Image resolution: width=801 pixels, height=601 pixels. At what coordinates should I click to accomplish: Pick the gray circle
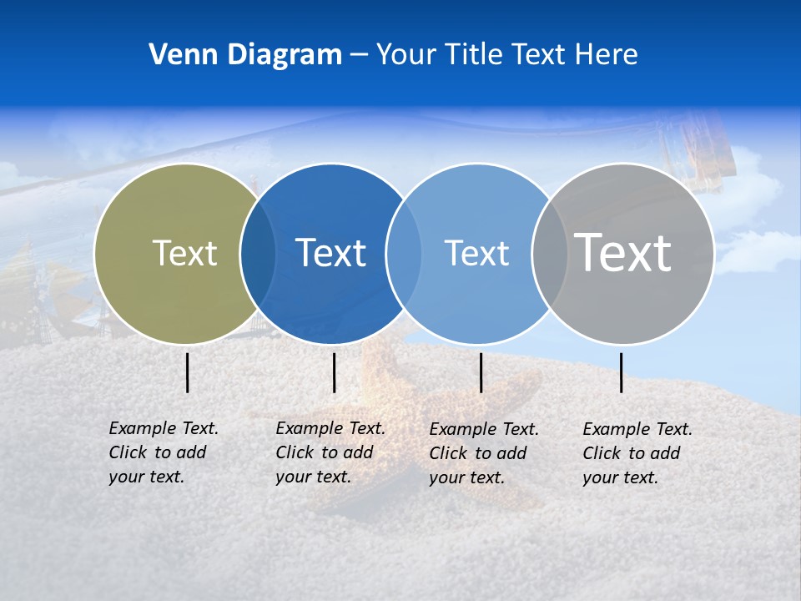coord(634,300)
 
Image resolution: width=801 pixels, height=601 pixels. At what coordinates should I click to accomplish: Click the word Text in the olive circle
coord(184,253)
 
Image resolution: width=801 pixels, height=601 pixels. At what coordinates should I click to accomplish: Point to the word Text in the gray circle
coord(623,253)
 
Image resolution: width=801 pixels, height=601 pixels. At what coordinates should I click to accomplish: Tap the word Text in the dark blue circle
coord(330,253)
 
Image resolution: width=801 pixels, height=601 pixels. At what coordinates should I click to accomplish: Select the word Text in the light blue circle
coord(476,253)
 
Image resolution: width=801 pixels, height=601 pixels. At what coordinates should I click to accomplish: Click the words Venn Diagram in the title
coord(245,55)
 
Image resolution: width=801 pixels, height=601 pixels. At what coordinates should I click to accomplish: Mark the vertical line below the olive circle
coord(188,372)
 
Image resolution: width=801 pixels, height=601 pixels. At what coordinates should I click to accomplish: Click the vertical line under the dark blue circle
coord(334,372)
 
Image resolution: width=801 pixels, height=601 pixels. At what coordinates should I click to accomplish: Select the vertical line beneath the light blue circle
coord(481,372)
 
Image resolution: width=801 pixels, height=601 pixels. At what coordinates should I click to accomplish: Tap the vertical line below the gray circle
coord(622,372)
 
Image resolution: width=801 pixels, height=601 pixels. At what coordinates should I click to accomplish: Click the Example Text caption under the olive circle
coord(164,452)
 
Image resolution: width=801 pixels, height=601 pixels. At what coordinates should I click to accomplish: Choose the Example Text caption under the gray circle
coord(637,453)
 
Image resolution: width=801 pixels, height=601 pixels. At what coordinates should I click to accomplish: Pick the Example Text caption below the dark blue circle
coord(330,452)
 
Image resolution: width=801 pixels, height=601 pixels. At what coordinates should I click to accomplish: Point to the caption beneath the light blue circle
coord(484,453)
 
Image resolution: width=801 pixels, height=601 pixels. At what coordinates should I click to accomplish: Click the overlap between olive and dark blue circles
coord(258,253)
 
